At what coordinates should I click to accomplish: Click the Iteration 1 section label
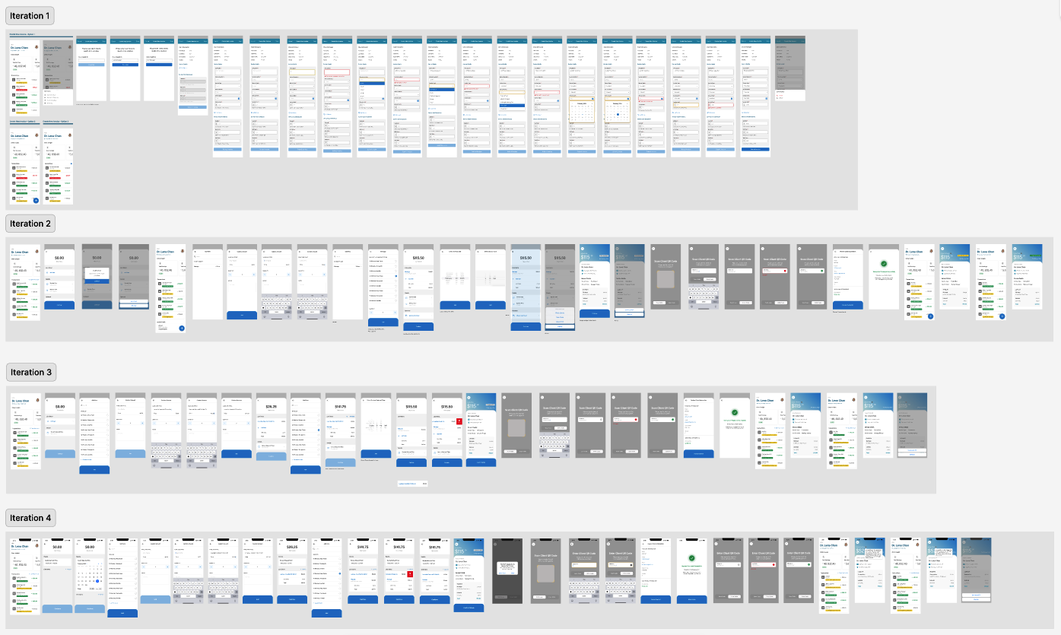pyautogui.click(x=30, y=16)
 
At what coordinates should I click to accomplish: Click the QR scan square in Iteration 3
pyautogui.click(x=517, y=427)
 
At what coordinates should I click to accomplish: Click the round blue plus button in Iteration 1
pyautogui.click(x=35, y=200)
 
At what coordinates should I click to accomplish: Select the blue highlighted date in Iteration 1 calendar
pyautogui.click(x=618, y=115)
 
